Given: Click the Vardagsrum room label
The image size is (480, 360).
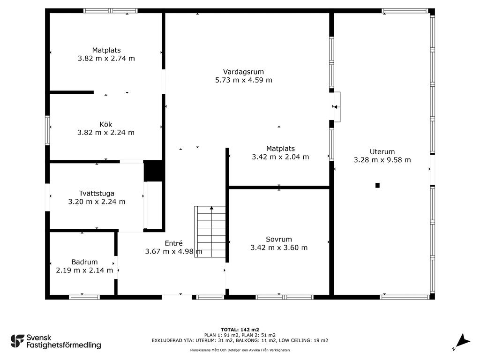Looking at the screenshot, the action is (x=243, y=72).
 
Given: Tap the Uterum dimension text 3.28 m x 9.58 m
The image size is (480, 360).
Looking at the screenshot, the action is (x=382, y=160).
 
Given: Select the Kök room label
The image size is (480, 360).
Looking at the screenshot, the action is (x=105, y=124).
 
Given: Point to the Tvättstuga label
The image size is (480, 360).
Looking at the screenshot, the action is (x=97, y=194).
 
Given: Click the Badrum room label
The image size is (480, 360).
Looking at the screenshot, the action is (x=84, y=262).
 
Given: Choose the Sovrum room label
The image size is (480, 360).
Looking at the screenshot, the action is (x=278, y=240).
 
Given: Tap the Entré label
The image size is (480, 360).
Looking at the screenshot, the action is (x=173, y=243).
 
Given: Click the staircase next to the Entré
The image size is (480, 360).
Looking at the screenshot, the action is (x=210, y=232).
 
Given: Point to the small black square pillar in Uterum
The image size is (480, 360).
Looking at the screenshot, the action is (x=377, y=185).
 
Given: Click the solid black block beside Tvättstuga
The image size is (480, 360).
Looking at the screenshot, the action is (x=153, y=171).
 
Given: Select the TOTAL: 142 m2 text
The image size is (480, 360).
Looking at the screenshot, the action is (x=240, y=330).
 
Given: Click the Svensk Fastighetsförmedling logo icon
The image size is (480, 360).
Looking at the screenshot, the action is (x=17, y=341).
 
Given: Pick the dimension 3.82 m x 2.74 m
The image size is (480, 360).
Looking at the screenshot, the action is (x=106, y=59).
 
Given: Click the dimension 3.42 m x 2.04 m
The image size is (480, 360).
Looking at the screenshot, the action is (x=280, y=157).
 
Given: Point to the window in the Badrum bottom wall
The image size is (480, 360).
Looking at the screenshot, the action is (x=84, y=297).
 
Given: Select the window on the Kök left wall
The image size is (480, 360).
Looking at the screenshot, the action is (x=47, y=130).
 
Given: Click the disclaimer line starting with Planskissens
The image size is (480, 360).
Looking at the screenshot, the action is (x=240, y=350).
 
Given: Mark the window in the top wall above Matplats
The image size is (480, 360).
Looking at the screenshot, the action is (x=111, y=11).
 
